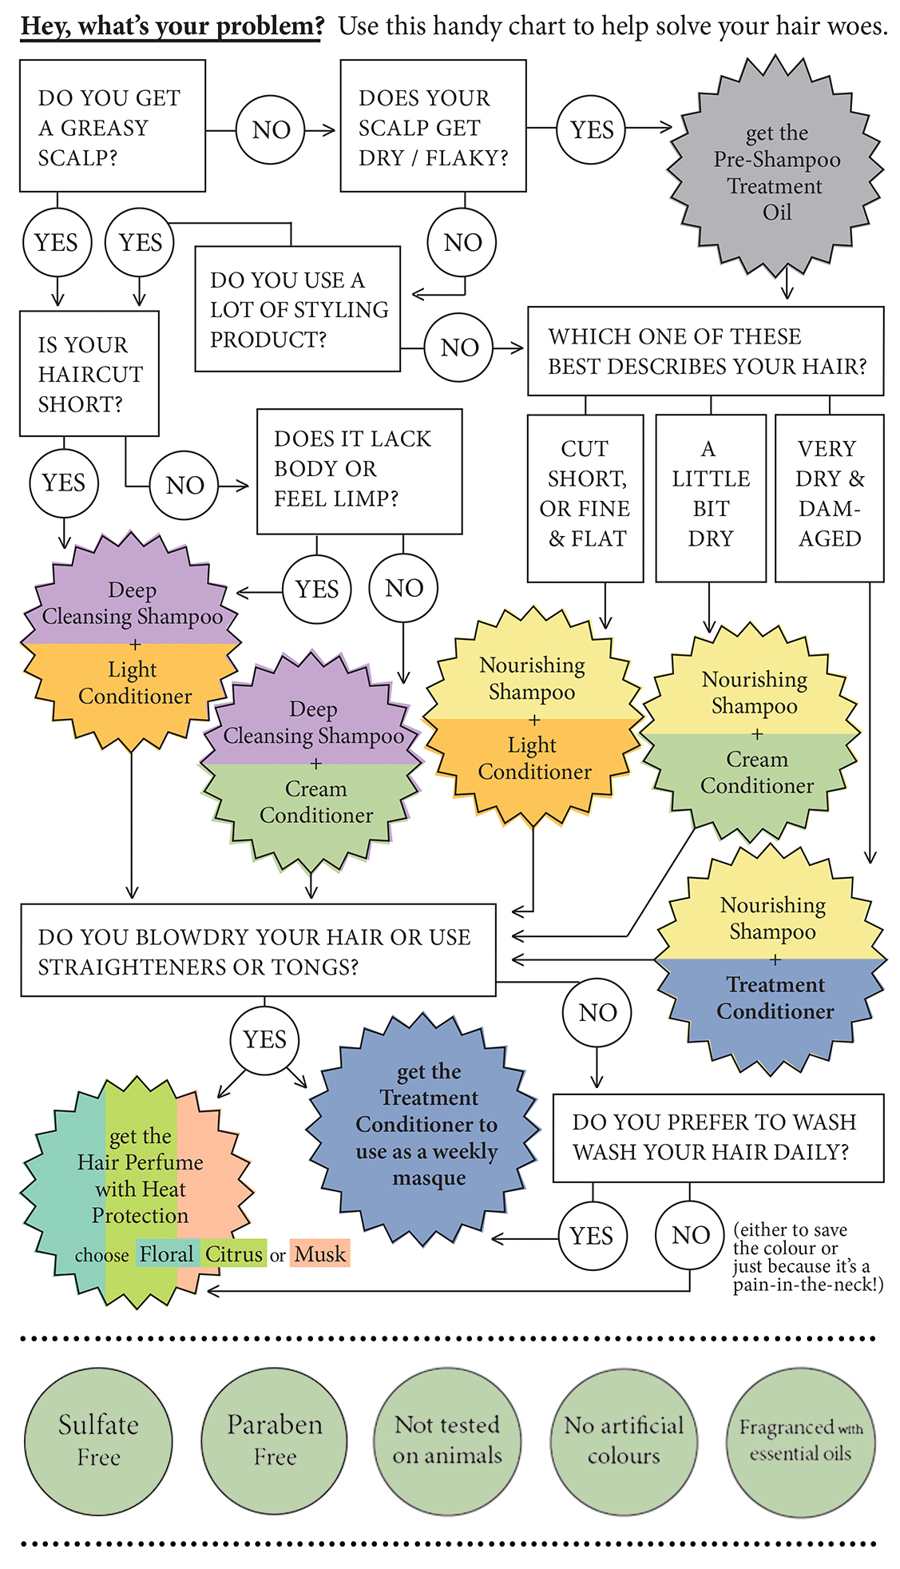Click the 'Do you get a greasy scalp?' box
tap(113, 126)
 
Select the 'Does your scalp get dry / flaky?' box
tap(433, 126)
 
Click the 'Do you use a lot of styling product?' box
tap(297, 309)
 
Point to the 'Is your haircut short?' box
tap(89, 373)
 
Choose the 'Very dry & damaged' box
tap(829, 497)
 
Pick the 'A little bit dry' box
tap(710, 497)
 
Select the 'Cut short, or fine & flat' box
tap(585, 497)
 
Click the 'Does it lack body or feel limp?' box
tap(359, 471)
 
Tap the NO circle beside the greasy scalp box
tap(271, 129)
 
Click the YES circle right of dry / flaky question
tap(592, 129)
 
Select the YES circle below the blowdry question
tap(264, 1039)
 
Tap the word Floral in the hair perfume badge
tap(166, 1254)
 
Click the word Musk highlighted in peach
tap(319, 1254)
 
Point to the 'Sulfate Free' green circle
tap(98, 1440)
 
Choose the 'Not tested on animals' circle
tap(447, 1440)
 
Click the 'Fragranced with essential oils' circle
tap(800, 1440)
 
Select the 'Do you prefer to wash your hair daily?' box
tap(717, 1137)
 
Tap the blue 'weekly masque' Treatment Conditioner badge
tap(427, 1124)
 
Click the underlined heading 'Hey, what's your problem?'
tap(172, 26)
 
